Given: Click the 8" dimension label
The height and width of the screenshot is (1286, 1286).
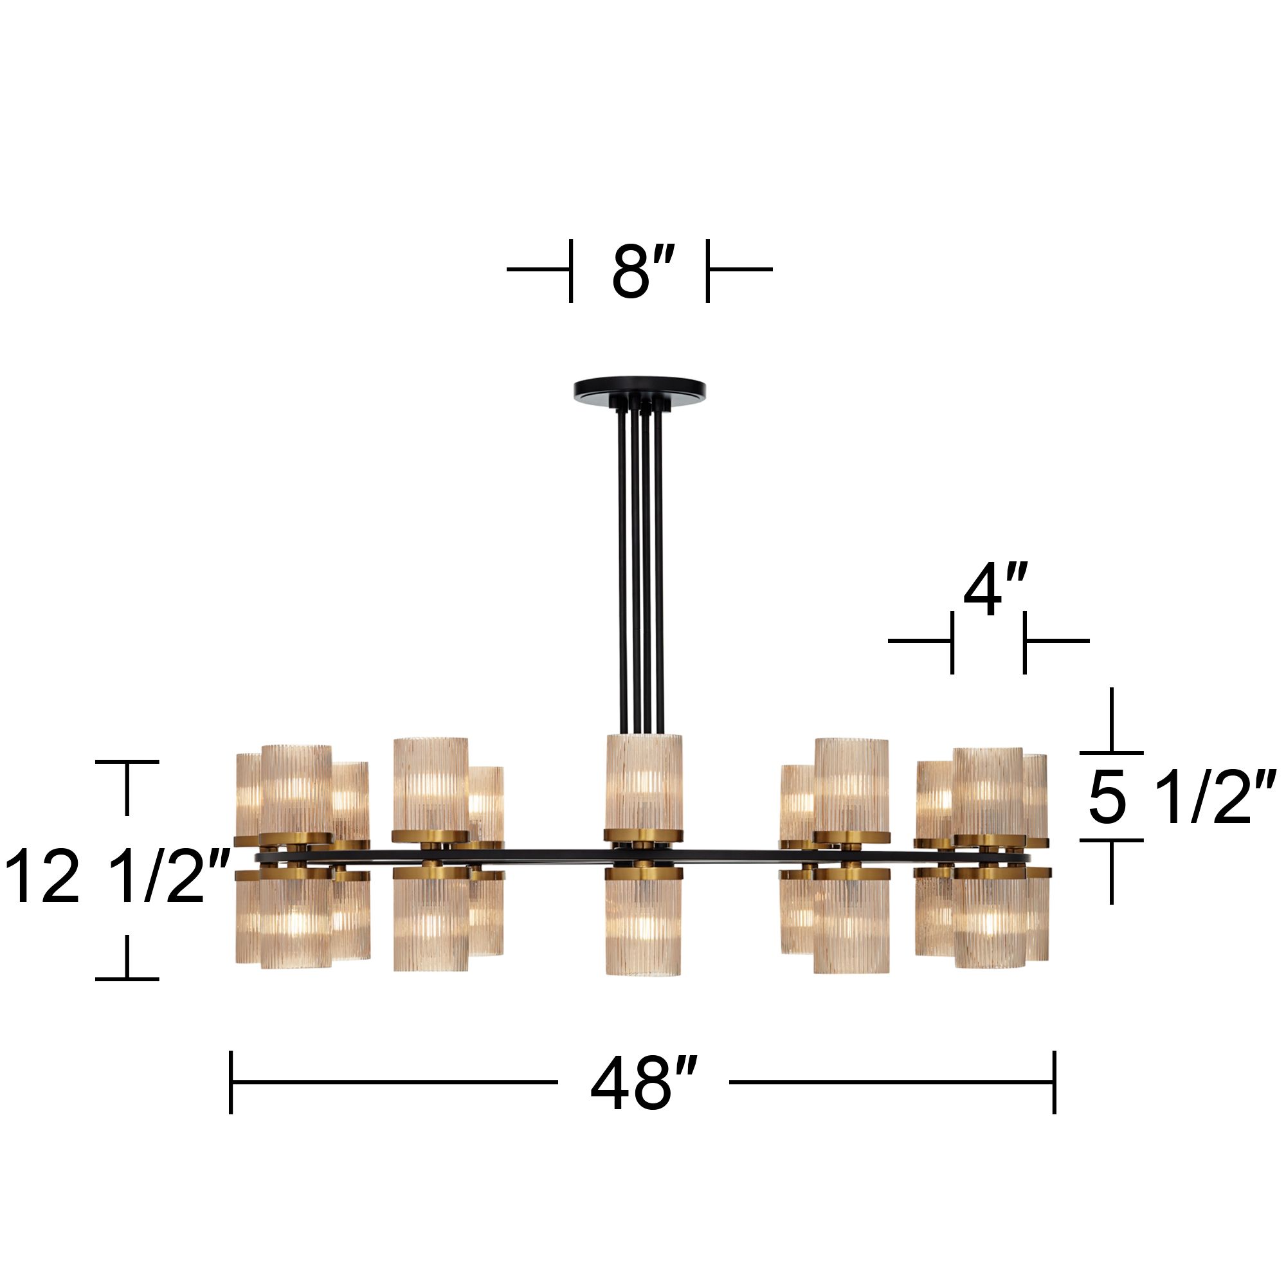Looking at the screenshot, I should (642, 271).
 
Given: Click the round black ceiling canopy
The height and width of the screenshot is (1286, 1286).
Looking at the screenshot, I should (639, 388).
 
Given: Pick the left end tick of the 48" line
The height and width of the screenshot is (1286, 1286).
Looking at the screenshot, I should (231, 1082).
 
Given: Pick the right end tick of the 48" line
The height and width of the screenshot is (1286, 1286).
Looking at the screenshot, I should (1055, 1082).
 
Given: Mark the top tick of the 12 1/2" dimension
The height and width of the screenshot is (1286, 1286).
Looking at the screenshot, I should (127, 761).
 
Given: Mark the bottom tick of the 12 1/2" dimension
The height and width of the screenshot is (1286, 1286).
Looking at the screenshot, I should (127, 979).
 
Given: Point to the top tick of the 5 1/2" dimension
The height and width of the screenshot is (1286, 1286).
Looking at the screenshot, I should (1111, 753).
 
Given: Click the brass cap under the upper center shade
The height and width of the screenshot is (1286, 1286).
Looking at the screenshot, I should (643, 834).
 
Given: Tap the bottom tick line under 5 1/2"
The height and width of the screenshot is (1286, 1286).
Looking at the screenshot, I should (1111, 840).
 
